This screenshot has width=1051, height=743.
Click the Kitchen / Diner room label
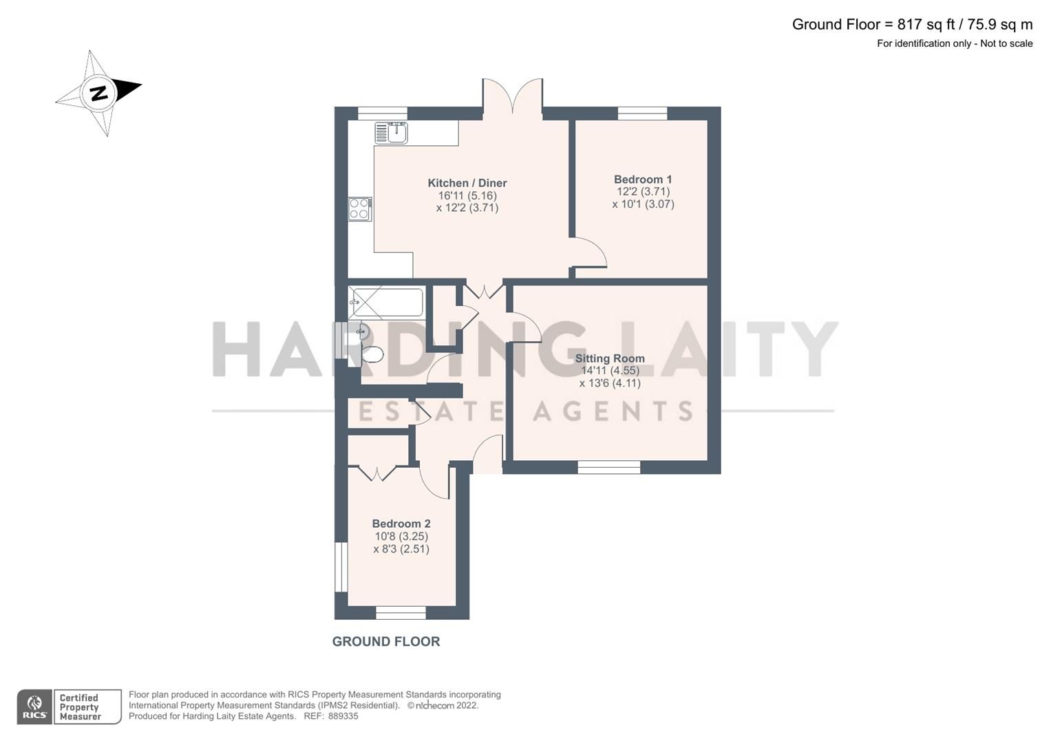pos(467,183)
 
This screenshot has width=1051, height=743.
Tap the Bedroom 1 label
pos(643,180)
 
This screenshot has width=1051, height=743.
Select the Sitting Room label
pos(610,358)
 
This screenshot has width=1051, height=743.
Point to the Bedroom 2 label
pos(401,524)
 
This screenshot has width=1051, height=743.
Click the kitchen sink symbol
pos(391,132)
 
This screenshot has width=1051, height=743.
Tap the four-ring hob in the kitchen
pos(359,208)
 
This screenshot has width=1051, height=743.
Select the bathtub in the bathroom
pos(385,302)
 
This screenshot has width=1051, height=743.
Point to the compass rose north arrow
pos(99,92)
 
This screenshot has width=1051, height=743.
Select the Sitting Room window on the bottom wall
pos(608,468)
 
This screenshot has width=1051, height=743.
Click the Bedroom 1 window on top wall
pos(642,114)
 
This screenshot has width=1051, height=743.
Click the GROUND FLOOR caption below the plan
pos(385,642)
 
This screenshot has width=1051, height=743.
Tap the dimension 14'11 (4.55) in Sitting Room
pos(610,371)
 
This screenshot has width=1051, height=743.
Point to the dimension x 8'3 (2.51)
pos(401,549)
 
